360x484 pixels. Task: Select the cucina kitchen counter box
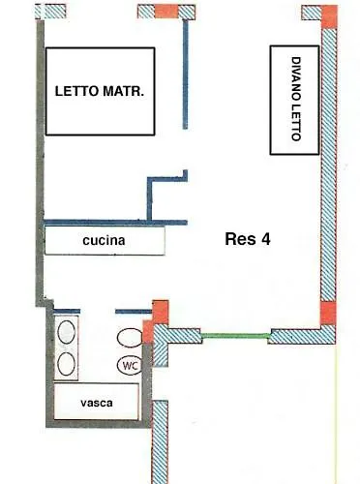pos(105,239)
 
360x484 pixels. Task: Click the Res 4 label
pos(247,239)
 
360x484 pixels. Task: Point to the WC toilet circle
pos(131,365)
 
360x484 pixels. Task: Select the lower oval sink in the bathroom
pos(68,364)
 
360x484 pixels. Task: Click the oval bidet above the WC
pos(131,338)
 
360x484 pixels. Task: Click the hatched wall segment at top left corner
pos(51,12)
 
